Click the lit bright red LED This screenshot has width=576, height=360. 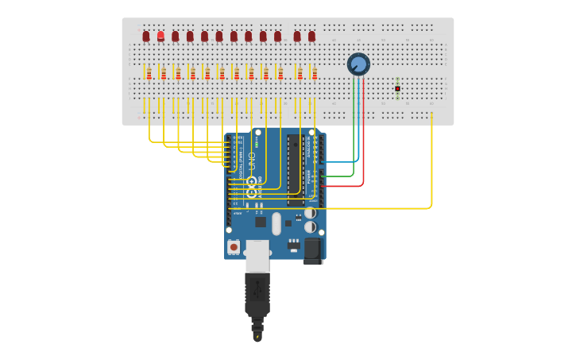point(160,36)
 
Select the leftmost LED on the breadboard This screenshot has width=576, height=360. point(146,37)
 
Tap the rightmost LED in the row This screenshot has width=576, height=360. point(311,37)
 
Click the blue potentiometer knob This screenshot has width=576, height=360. point(358,64)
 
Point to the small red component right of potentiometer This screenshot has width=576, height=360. point(397,88)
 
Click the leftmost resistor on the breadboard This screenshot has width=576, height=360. point(149,74)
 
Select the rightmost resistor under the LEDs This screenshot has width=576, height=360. point(315,74)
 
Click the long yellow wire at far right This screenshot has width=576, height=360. point(431,167)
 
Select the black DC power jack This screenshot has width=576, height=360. point(313,251)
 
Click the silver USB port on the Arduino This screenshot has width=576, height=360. point(257,256)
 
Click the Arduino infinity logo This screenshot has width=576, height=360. point(252,187)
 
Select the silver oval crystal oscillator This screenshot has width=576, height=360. point(276,223)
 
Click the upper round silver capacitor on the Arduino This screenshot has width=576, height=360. point(310,213)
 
